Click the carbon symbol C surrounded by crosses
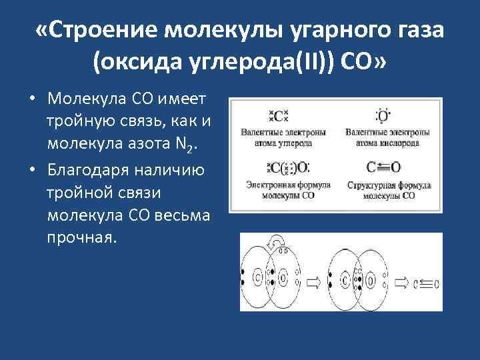coord(277,116)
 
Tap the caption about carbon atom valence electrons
coord(276,137)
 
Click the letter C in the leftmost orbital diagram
coord(257,276)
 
